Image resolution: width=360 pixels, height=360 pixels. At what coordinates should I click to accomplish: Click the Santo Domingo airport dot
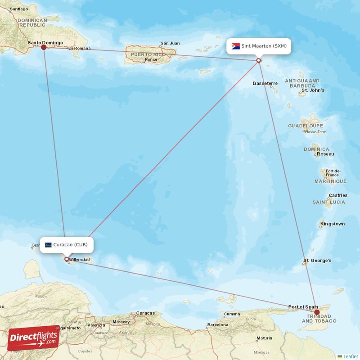tap(44, 47)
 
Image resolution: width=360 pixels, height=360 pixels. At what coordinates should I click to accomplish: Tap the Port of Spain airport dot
tap(317, 312)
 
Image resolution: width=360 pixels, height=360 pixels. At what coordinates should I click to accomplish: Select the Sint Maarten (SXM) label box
tap(259, 46)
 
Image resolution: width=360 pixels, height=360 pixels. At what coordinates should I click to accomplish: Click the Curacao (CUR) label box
tap(68, 245)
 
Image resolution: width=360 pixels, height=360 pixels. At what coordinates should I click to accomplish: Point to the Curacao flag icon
tap(48, 245)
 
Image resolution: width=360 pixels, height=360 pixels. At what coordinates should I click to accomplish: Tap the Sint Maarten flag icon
tap(236, 46)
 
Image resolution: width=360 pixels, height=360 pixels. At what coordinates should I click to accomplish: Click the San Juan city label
tap(170, 44)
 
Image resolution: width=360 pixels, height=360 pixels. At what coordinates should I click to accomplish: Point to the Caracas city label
tap(145, 313)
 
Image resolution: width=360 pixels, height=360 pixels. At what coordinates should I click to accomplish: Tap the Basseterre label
tap(265, 83)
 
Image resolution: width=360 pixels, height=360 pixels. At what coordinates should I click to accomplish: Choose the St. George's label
tap(317, 261)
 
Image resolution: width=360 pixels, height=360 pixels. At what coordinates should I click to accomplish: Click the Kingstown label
tap(333, 224)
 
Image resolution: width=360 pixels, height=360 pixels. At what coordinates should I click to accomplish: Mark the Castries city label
tap(338, 195)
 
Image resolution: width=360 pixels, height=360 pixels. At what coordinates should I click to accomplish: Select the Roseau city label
tap(325, 154)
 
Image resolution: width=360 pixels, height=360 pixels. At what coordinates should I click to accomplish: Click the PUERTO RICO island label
tap(148, 54)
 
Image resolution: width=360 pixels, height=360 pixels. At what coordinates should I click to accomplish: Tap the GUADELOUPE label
tap(306, 126)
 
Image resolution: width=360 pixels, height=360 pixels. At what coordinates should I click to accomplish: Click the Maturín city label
tap(264, 338)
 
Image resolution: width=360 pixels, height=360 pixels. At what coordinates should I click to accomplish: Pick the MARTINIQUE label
tap(330, 181)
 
